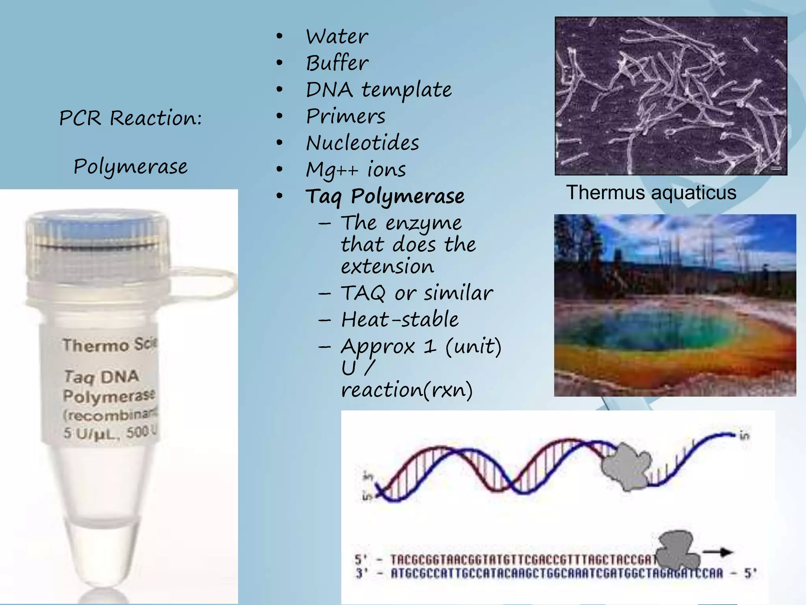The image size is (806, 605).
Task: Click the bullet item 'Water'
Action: [x=337, y=37]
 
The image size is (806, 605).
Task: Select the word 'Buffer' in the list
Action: [x=337, y=63]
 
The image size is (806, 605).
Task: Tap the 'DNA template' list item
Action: [x=379, y=90]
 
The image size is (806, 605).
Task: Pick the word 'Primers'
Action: [x=346, y=116]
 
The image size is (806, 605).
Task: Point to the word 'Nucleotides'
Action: [x=362, y=143]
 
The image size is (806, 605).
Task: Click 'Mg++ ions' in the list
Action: [x=356, y=170]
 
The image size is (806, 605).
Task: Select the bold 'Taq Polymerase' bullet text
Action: [x=385, y=196]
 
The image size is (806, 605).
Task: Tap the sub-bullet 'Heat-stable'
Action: [x=399, y=319]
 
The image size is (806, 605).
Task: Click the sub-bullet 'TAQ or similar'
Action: [x=416, y=293]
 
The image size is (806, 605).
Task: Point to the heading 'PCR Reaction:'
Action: [x=130, y=118]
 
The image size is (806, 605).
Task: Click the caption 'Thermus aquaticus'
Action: [x=651, y=193]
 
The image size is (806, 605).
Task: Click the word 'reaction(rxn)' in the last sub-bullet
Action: [x=407, y=390]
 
